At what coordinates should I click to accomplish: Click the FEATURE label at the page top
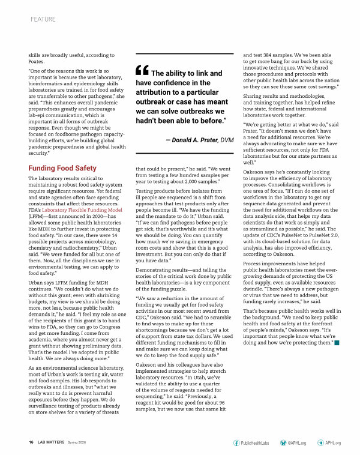(x=43, y=19)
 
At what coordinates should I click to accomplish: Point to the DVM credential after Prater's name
(x=226, y=139)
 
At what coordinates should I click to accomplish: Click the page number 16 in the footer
(x=31, y=443)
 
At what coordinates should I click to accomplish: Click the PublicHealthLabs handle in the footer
(x=254, y=443)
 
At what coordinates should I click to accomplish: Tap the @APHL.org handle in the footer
(x=297, y=443)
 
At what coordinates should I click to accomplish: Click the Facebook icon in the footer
(x=236, y=443)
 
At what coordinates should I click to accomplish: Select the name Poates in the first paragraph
(x=37, y=62)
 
